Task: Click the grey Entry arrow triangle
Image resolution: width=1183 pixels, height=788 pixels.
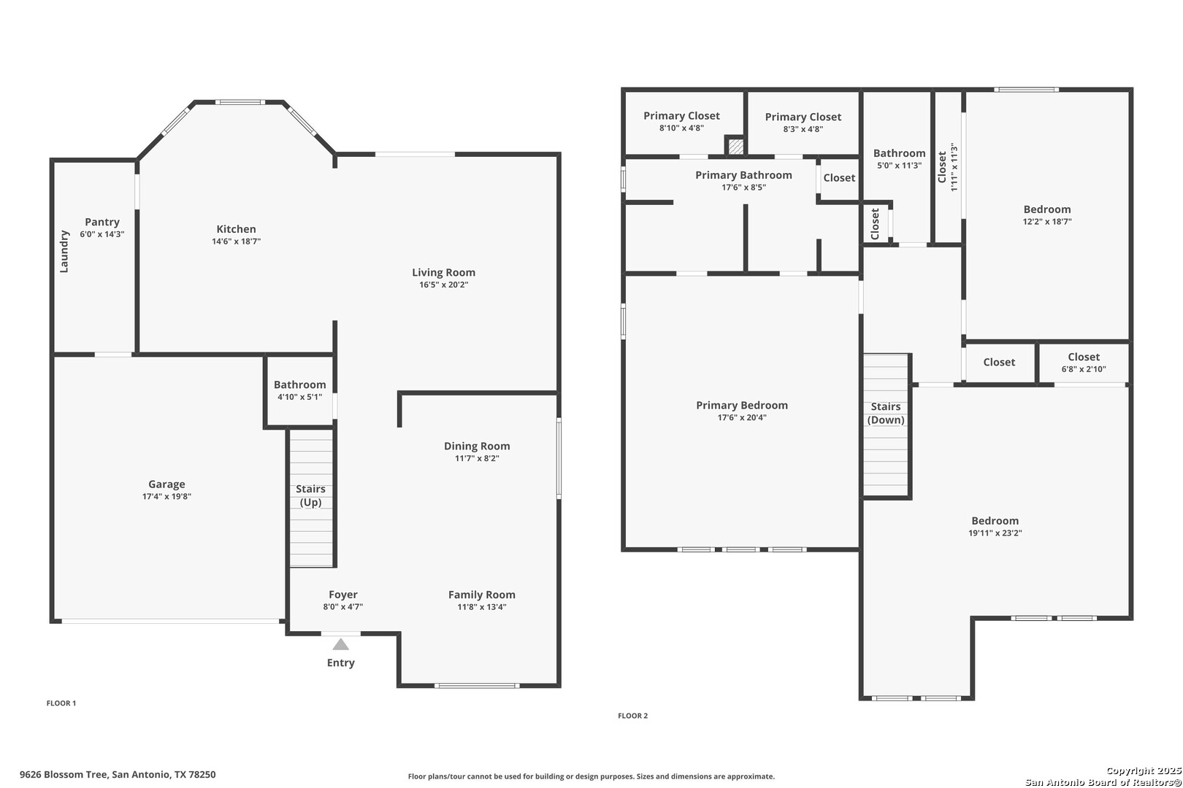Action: [340, 644]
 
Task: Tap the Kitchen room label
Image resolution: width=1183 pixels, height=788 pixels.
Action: [236, 229]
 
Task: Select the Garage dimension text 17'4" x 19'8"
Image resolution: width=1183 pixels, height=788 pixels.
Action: [166, 496]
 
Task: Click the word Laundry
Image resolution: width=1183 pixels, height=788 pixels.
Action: [64, 251]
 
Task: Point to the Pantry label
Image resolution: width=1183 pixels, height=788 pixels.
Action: [102, 222]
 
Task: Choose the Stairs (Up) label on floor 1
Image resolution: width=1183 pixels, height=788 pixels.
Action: [310, 495]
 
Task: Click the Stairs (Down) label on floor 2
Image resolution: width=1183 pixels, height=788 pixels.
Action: [886, 413]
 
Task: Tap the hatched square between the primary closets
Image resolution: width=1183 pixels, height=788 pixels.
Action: [735, 146]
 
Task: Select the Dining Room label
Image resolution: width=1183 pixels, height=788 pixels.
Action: [477, 446]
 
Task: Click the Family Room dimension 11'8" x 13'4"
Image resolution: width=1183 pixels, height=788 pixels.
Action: [482, 607]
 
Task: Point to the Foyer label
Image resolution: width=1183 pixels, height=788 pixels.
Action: [343, 595]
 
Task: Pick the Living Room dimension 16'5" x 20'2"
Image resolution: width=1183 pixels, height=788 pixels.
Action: [444, 285]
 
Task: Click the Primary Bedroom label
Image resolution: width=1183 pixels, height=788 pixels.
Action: [742, 406]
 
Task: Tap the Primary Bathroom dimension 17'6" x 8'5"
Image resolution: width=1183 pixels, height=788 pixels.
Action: [743, 188]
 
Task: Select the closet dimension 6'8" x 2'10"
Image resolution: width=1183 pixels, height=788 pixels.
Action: [1084, 369]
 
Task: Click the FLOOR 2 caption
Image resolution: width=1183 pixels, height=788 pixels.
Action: [632, 716]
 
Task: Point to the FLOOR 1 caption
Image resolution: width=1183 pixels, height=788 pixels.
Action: [61, 703]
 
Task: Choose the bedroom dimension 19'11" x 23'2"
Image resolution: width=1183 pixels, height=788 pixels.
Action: [995, 533]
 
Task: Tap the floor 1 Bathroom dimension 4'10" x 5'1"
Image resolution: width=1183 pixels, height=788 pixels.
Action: [300, 397]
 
